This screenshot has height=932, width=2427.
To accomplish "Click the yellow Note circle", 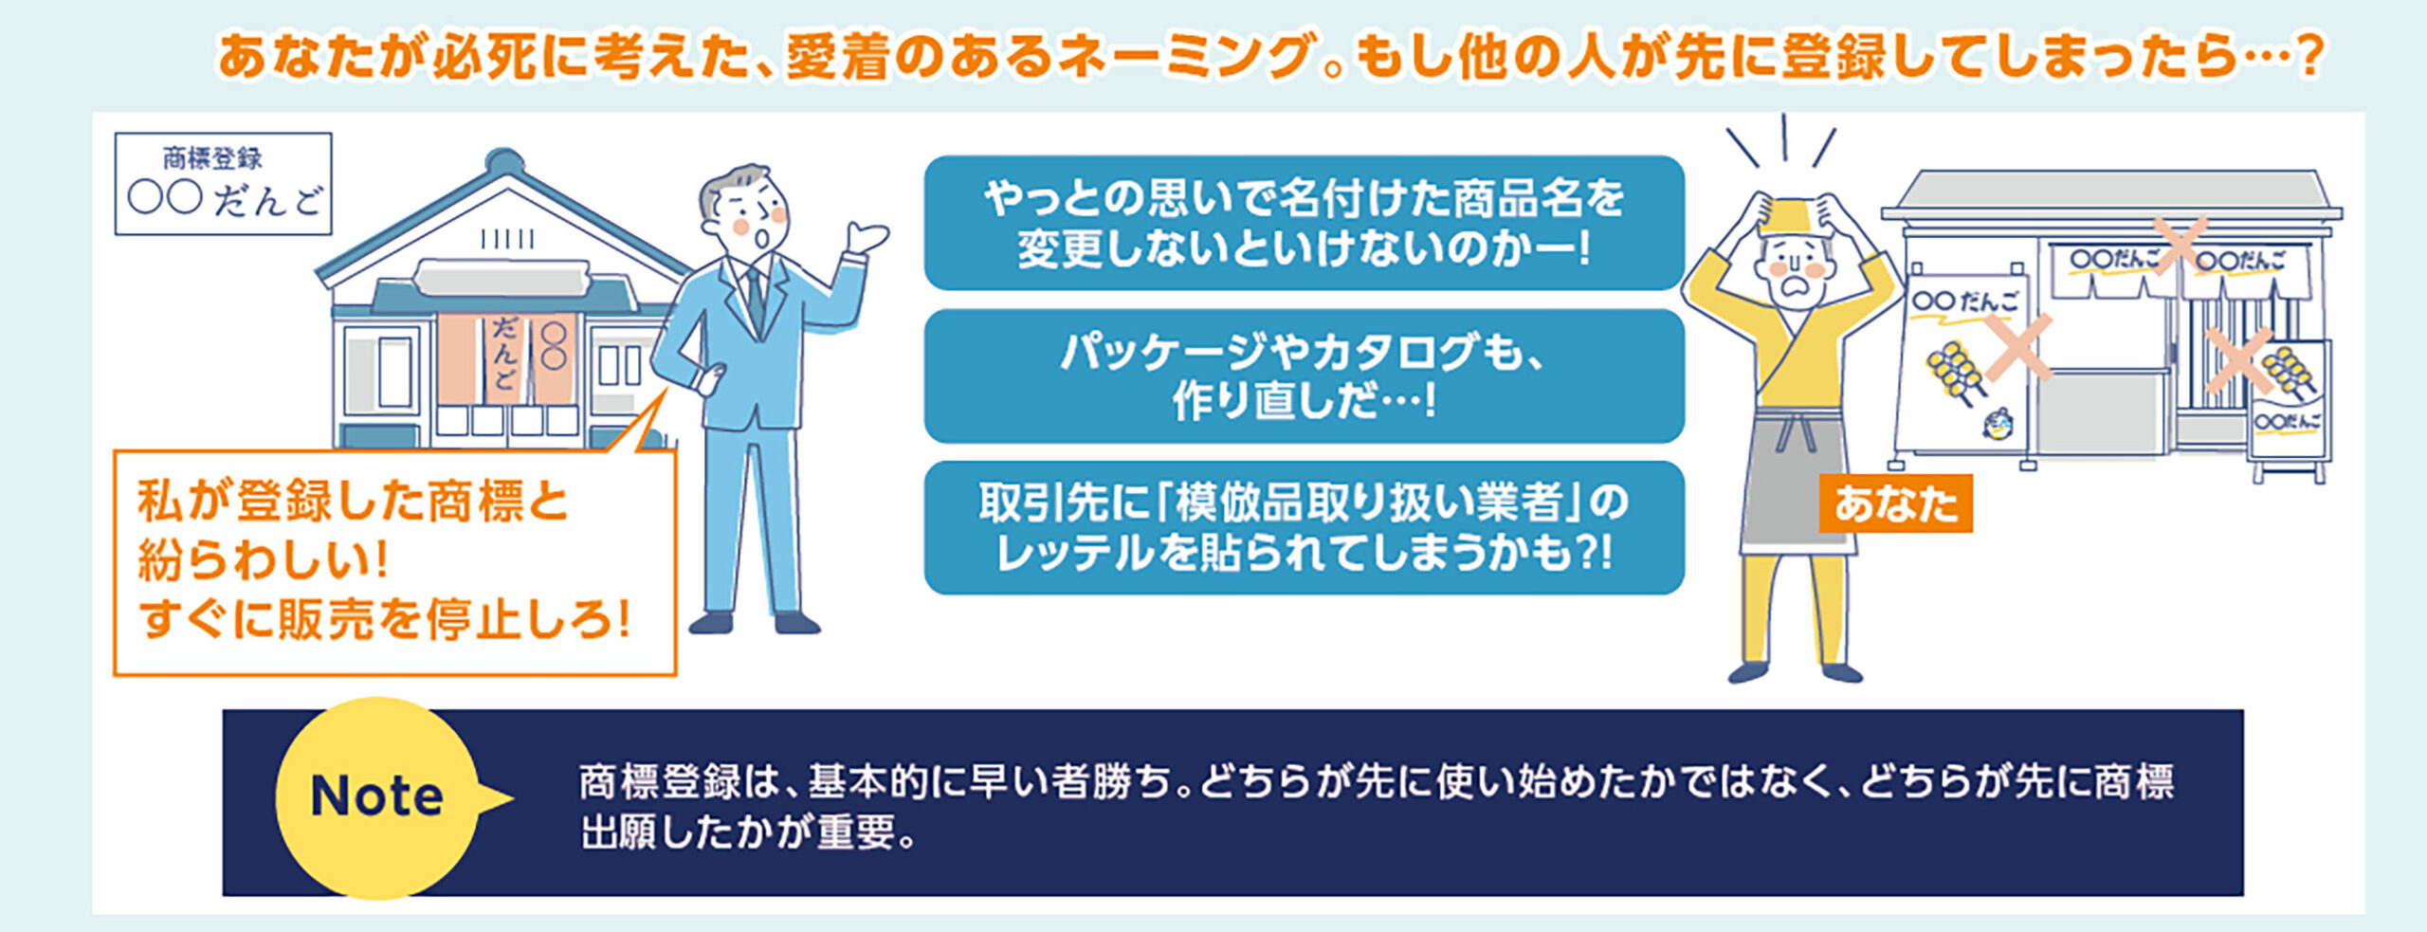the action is (377, 797).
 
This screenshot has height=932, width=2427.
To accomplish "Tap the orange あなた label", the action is (1895, 503).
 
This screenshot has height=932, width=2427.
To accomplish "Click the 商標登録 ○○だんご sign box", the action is (224, 183).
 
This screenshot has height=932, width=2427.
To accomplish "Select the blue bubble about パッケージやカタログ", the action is (1304, 375).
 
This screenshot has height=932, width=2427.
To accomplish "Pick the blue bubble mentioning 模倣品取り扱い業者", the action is (1304, 527).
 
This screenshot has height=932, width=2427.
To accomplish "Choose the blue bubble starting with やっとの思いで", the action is (1304, 223).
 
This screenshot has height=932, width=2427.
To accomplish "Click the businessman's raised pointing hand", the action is (867, 237).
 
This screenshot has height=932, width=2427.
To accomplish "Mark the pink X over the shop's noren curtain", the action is (2181, 245).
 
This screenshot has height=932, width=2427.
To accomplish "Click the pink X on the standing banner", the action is (2017, 347).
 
